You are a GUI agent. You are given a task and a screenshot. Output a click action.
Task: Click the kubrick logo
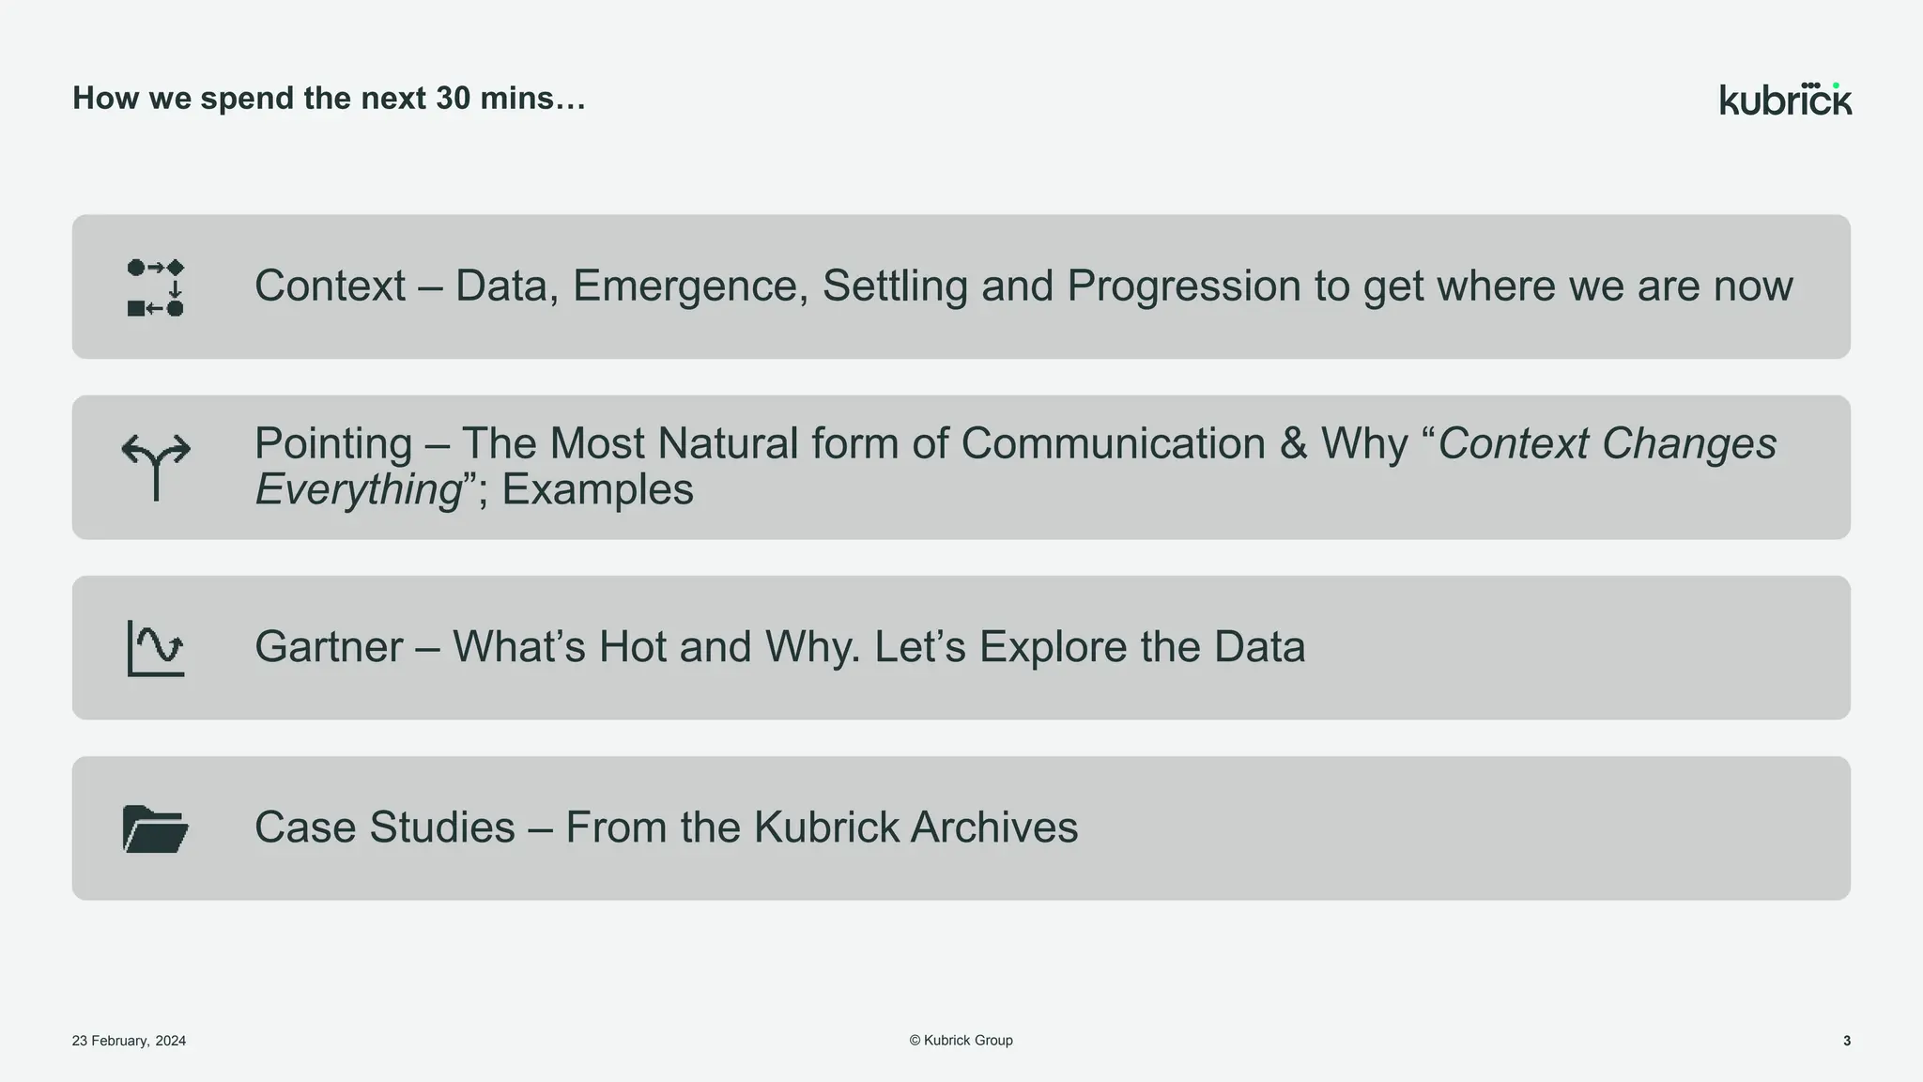(1785, 100)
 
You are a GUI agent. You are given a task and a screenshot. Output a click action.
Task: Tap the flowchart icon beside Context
(156, 287)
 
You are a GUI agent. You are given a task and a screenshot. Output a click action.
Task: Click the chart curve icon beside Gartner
(156, 648)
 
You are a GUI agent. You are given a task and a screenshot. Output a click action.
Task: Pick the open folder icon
(156, 828)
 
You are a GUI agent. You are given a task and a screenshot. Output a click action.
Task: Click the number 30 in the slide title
(453, 98)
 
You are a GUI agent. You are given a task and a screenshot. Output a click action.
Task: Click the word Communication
(1113, 443)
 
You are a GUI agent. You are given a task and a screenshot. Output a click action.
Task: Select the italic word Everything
(358, 489)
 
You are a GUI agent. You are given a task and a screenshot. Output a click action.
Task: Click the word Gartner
(329, 647)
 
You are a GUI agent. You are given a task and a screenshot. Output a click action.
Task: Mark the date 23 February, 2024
(129, 1041)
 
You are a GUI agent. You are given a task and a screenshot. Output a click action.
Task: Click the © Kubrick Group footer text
(961, 1040)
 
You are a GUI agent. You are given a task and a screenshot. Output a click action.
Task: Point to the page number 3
(1846, 1041)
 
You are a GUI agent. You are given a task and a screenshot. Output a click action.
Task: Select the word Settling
(895, 286)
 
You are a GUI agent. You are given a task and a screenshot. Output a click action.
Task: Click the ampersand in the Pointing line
(1293, 443)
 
